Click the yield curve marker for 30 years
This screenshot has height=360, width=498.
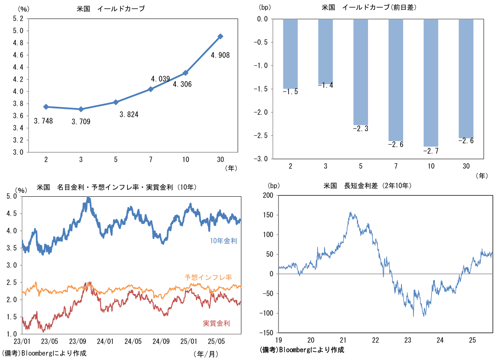[x=220, y=36]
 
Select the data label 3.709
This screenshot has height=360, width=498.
[x=80, y=122]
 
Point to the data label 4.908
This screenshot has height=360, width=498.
[x=220, y=55]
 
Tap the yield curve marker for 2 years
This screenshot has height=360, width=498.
[x=46, y=107]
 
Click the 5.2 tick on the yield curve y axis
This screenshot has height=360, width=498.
[x=18, y=19]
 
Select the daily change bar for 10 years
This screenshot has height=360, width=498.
[x=431, y=82]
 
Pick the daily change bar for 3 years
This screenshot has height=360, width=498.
[x=326, y=52]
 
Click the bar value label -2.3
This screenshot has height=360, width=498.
[x=361, y=129]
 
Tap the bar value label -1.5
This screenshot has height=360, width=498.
[x=290, y=92]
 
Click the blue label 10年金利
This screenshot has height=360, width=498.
[x=223, y=241]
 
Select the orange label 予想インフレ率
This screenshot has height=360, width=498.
[x=208, y=277]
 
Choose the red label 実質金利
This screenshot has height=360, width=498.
[x=216, y=323]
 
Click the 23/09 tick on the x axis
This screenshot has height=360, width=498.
[x=78, y=341]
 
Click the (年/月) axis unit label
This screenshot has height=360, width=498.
[x=205, y=353]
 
